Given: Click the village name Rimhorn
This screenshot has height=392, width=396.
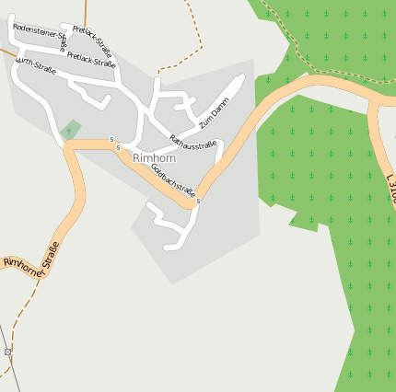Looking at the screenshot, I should [153, 158].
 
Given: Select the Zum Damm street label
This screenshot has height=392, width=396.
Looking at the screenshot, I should [213, 112].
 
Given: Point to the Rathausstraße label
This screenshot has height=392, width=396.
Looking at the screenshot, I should [193, 142].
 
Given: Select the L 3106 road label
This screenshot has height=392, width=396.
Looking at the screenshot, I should [390, 190].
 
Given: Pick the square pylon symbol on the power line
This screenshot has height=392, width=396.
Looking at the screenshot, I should [8, 352].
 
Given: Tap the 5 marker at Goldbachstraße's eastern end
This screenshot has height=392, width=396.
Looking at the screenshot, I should [198, 201].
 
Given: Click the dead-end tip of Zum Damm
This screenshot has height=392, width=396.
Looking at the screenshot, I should [240, 79].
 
